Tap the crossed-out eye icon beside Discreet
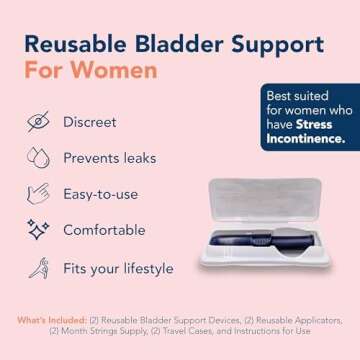(38, 122)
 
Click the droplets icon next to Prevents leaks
(38, 158)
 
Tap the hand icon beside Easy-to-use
(38, 194)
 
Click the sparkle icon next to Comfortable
(38, 230)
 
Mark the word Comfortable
(118, 230)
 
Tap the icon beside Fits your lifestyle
(38, 266)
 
